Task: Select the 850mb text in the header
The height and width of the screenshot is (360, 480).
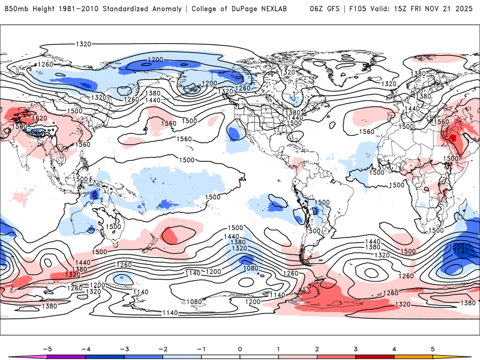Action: (x=13, y=9)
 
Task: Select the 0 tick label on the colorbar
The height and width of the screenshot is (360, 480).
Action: (x=239, y=348)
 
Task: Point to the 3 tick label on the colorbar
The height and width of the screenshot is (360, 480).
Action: (x=356, y=348)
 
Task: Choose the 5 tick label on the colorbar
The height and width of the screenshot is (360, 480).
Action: (x=433, y=348)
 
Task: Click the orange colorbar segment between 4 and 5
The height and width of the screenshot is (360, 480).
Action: (x=413, y=357)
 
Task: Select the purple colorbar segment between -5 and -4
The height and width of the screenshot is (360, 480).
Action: (x=66, y=357)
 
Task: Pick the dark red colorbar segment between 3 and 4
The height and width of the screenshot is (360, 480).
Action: (x=375, y=357)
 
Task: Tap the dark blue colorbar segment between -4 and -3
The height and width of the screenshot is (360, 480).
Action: (x=104, y=357)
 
